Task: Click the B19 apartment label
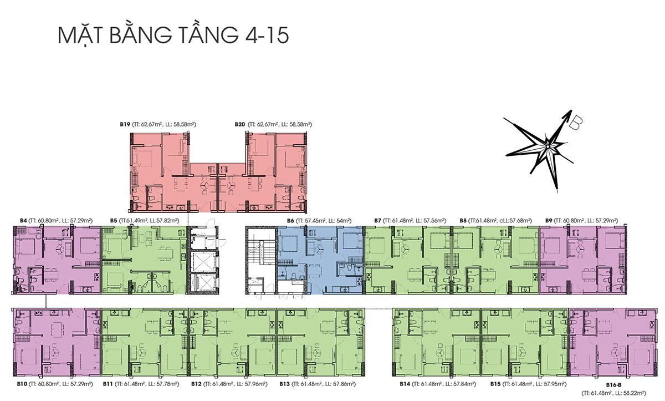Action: pos(125,124)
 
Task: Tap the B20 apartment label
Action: pos(240,124)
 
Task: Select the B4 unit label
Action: pos(23,221)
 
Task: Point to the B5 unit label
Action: pos(114,221)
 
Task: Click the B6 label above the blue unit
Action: pos(290,221)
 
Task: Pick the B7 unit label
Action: pos(377,221)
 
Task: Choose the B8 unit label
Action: pos(463,221)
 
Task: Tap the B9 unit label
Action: pos(549,221)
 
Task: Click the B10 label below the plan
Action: pos(22,384)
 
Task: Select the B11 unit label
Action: pos(108,384)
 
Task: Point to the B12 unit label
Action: pos(196,384)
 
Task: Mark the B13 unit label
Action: pos(284,384)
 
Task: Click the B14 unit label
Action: pos(405,384)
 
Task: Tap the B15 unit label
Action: pos(495,384)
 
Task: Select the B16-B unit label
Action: pos(614,385)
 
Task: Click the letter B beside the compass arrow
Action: pos(576,123)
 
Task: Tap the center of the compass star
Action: pos(548,146)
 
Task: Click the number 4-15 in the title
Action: pos(267,36)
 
